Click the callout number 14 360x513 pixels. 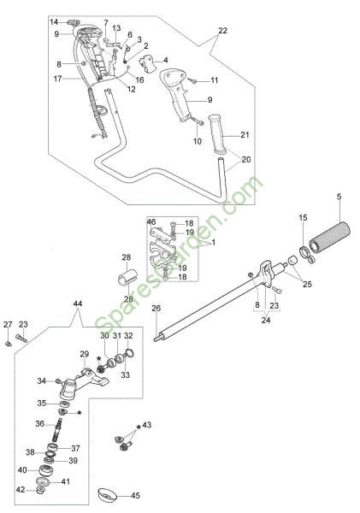pos(54,22)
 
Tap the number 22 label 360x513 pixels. pos(222,31)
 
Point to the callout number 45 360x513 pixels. pos(135,495)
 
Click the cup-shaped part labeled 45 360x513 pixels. pos(108,494)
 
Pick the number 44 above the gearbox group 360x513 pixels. pos(78,304)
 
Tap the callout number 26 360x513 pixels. pos(156,308)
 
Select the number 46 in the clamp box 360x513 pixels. pos(151,221)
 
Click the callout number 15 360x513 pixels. pos(304,217)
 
